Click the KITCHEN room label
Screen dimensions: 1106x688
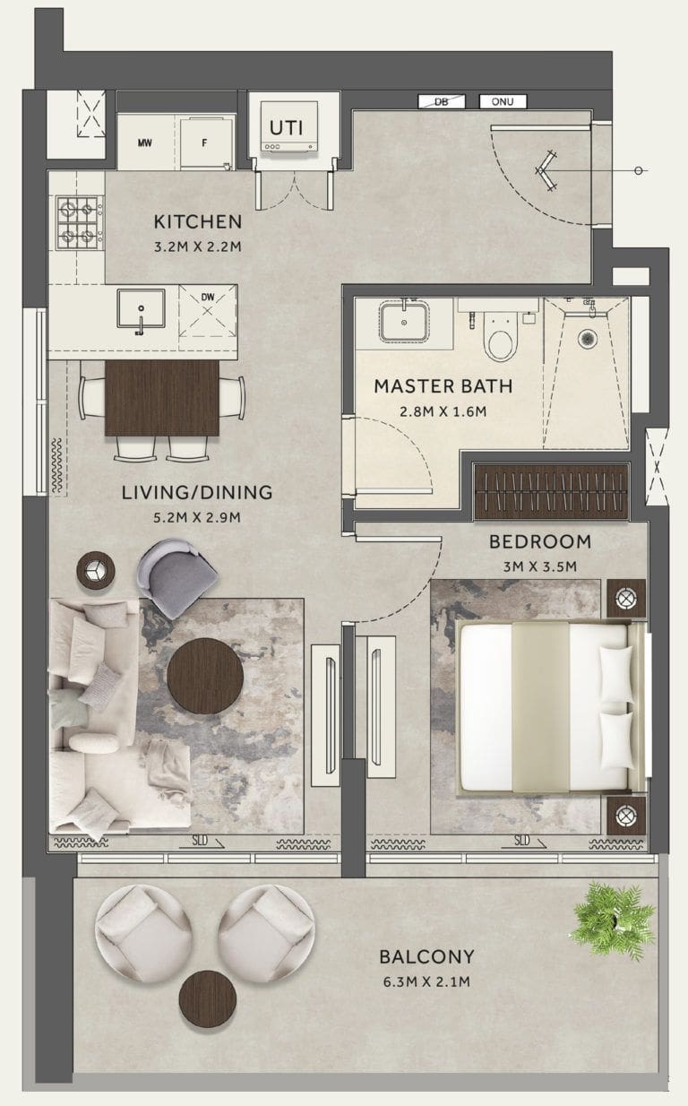(x=197, y=221)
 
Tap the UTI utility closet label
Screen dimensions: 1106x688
(x=287, y=128)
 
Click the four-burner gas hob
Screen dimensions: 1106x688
(x=78, y=223)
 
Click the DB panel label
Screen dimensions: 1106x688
(x=441, y=102)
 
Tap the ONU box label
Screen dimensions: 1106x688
(x=502, y=102)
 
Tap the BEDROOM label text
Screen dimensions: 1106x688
(x=539, y=541)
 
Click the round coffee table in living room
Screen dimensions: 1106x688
(x=204, y=676)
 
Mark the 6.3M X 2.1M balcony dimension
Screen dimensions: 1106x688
(x=426, y=981)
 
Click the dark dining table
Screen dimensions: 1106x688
(x=161, y=398)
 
